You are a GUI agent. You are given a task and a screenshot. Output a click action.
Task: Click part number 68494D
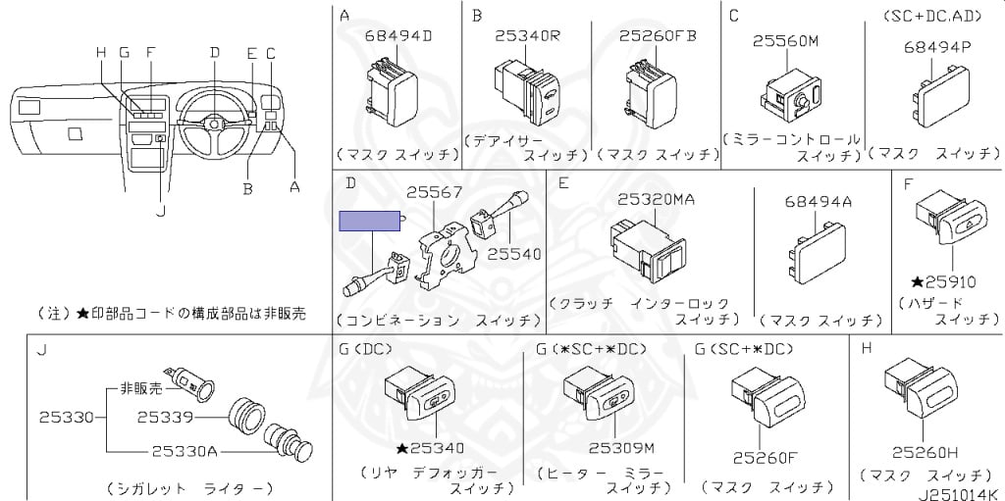(x=398, y=36)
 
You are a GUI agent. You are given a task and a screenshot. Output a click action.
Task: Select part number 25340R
(x=527, y=36)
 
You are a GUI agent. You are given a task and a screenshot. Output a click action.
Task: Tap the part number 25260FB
(x=658, y=36)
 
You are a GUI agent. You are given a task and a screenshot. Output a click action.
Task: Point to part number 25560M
(x=785, y=41)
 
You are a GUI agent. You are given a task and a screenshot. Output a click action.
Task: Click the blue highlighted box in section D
(x=369, y=220)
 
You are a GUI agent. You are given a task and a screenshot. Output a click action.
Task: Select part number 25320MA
(x=657, y=199)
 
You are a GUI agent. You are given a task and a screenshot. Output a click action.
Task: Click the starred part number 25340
(x=430, y=448)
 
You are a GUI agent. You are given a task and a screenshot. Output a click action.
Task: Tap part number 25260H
(x=925, y=452)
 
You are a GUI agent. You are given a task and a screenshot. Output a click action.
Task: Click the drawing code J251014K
(x=956, y=492)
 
